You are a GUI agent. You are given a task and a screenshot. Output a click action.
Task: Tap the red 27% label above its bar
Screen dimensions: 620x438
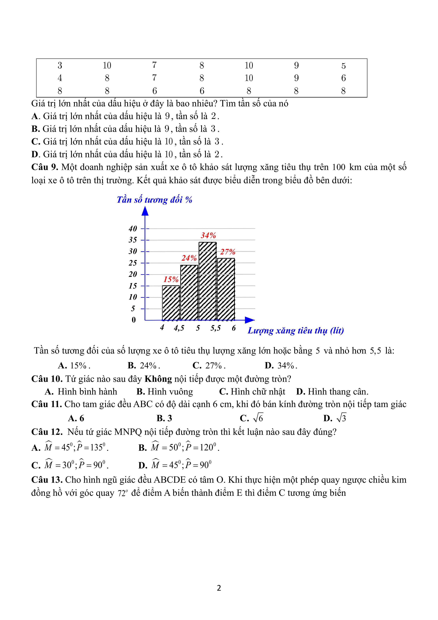point(228,252)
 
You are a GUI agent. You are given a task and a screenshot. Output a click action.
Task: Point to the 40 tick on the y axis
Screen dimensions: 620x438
point(133,229)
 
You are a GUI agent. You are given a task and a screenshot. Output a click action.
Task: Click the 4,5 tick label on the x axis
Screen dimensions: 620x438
point(179,328)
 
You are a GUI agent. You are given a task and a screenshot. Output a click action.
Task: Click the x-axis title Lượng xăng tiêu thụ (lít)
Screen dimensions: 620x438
point(296,331)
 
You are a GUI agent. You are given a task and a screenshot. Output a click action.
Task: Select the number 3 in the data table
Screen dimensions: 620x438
point(60,65)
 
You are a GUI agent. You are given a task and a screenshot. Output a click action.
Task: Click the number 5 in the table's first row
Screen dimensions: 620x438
point(343,66)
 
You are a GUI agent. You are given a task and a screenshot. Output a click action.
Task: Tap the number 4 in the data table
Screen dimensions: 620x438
point(60,78)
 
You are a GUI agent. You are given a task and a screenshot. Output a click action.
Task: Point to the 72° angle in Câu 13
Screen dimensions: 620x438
point(122,493)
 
